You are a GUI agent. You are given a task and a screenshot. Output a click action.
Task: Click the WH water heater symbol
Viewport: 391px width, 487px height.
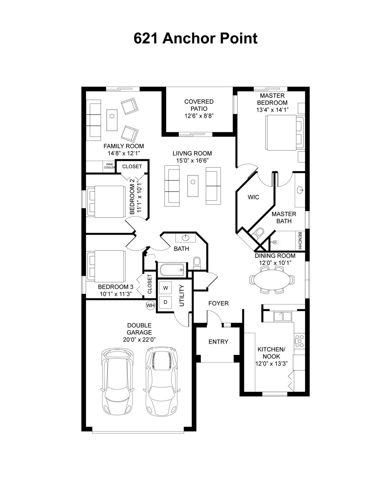(150, 305)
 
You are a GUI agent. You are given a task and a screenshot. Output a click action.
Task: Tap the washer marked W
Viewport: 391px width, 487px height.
(165, 288)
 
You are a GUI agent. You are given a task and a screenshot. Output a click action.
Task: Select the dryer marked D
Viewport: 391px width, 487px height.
(165, 302)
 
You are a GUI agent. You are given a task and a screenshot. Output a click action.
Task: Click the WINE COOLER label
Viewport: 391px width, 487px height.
(110, 166)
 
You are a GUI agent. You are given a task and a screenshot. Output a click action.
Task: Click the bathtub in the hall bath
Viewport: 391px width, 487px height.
(173, 270)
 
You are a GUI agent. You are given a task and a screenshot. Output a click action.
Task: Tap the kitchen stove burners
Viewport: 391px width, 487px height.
(299, 341)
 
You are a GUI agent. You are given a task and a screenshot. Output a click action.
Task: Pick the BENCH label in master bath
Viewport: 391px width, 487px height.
(300, 241)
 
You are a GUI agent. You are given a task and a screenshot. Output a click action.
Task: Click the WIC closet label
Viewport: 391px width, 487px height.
(253, 197)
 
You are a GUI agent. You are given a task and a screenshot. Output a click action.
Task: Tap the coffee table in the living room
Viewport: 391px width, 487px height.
(193, 186)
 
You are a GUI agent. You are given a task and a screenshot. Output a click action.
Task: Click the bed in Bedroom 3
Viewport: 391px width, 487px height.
(106, 266)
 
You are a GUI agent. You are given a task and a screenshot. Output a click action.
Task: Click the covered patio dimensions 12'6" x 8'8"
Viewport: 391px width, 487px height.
(199, 116)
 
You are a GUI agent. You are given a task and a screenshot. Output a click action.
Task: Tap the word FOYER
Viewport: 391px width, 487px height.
(218, 303)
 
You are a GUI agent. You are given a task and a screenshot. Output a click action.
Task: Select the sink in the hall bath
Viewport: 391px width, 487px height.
(185, 237)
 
